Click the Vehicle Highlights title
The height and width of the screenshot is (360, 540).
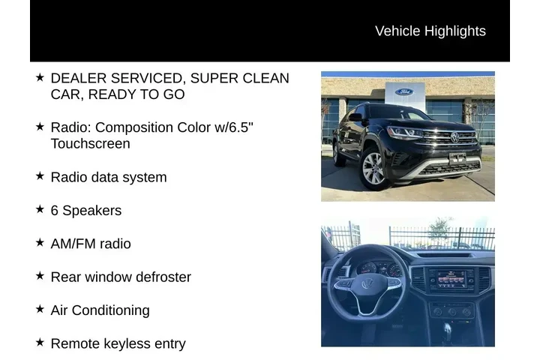click(430, 31)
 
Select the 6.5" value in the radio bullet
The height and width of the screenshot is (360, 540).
click(241, 127)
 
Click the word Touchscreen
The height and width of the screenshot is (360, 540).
click(90, 143)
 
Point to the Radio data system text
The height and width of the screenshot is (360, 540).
click(108, 177)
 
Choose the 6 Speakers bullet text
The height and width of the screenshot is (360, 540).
click(85, 211)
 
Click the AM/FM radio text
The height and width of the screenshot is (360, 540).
click(90, 244)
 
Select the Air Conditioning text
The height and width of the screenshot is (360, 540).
click(100, 310)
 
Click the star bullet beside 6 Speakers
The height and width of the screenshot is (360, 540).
click(40, 209)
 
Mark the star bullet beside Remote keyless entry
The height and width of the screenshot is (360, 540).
click(40, 342)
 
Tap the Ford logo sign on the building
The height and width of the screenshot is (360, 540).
click(403, 92)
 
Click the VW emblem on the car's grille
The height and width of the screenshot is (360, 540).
click(454, 137)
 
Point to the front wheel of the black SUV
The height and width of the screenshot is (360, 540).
click(373, 169)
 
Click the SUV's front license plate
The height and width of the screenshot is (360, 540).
click(457, 158)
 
